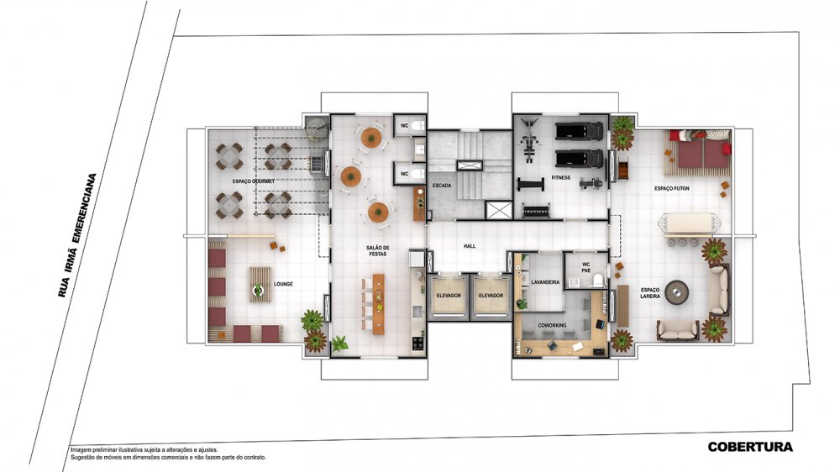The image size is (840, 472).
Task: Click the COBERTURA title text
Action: click(x=750, y=447)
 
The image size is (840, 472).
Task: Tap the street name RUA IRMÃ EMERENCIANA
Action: click(x=78, y=235)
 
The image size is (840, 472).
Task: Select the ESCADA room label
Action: click(x=442, y=186)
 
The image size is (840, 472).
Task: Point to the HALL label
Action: click(x=470, y=246)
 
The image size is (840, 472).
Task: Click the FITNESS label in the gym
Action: click(x=561, y=177)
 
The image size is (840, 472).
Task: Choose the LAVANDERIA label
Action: click(x=545, y=282)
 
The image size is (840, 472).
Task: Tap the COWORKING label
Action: click(x=552, y=325)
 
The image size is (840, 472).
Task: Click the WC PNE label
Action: click(x=586, y=267)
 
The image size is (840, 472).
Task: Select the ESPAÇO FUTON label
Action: click(x=672, y=189)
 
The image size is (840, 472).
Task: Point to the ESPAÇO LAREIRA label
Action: click(x=650, y=292)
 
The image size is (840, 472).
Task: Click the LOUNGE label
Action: click(x=283, y=284)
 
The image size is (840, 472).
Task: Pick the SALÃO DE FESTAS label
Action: click(x=378, y=250)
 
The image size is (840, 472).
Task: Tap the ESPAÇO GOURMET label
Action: click(x=254, y=181)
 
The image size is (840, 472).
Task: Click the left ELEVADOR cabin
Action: click(x=449, y=295)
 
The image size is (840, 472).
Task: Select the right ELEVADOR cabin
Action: click(x=491, y=295)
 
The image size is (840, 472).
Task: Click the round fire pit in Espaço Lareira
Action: click(x=676, y=292)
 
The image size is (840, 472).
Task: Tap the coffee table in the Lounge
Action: click(x=260, y=285)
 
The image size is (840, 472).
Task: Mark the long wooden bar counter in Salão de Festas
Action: click(x=379, y=304)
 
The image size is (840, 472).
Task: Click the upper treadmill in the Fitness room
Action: click(x=579, y=131)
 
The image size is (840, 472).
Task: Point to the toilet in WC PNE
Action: click(x=596, y=281)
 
